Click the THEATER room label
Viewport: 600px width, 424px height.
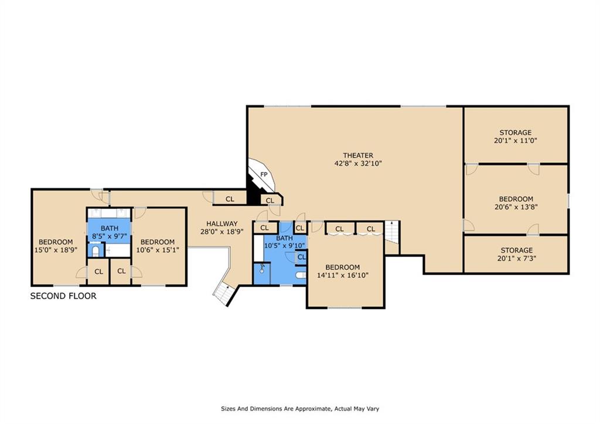(358, 155)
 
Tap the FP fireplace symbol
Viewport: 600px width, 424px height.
(264, 175)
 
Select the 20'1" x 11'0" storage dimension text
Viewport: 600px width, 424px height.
(516, 141)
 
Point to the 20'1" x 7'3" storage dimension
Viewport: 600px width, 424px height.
(516, 259)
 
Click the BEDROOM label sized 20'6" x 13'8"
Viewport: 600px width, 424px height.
(516, 199)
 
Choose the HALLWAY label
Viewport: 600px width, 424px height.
(221, 223)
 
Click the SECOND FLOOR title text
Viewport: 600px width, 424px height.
(63, 296)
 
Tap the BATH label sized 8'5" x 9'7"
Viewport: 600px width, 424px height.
(109, 228)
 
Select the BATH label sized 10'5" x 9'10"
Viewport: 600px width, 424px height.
(284, 238)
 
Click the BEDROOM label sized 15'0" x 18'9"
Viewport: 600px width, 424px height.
(56, 242)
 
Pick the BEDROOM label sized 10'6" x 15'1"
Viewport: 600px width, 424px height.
(157, 242)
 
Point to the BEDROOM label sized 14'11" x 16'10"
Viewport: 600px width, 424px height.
(343, 267)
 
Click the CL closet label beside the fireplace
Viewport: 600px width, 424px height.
(270, 201)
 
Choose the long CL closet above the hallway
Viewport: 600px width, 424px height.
(230, 199)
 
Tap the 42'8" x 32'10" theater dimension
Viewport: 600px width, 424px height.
(358, 164)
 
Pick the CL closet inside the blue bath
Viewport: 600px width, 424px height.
(301, 257)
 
